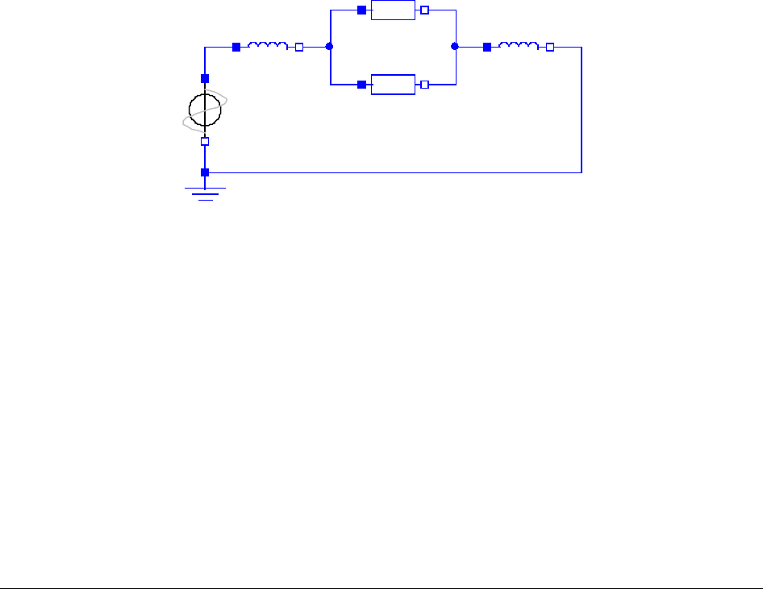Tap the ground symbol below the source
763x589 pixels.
click(206, 193)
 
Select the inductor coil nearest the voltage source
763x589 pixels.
click(267, 47)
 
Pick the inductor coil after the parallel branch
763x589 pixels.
click(518, 47)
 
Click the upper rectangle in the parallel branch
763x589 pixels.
click(393, 10)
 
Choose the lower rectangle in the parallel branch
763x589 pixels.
click(393, 84)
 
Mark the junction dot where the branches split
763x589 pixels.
click(329, 47)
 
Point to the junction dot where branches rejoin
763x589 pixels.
click(455, 47)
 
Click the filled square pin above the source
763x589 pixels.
click(205, 78)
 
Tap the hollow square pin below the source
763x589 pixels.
click(205, 141)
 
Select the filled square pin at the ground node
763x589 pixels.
click(205, 172)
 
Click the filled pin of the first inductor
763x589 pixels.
click(236, 47)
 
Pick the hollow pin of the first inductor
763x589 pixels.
click(299, 47)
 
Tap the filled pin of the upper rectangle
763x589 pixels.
click(361, 10)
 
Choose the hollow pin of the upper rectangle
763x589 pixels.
click(425, 10)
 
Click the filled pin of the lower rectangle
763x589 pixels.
click(361, 84)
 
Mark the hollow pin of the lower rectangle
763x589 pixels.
click(425, 84)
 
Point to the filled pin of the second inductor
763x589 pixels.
click(487, 47)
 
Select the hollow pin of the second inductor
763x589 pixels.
click(550, 47)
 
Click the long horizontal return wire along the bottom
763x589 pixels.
click(395, 172)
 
